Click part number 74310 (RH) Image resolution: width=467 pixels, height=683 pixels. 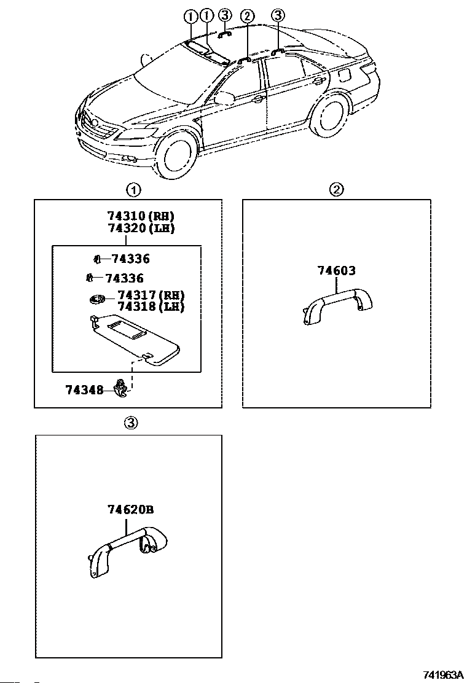(141, 216)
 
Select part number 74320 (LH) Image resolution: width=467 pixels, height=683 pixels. (141, 228)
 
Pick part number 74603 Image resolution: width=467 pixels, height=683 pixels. (336, 270)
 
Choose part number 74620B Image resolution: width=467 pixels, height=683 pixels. (130, 509)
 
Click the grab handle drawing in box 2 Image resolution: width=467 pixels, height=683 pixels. (339, 304)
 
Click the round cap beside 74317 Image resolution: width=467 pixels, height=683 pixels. (96, 300)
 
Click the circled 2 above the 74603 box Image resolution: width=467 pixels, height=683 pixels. (337, 189)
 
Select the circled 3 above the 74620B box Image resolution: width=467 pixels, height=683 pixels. (130, 423)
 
